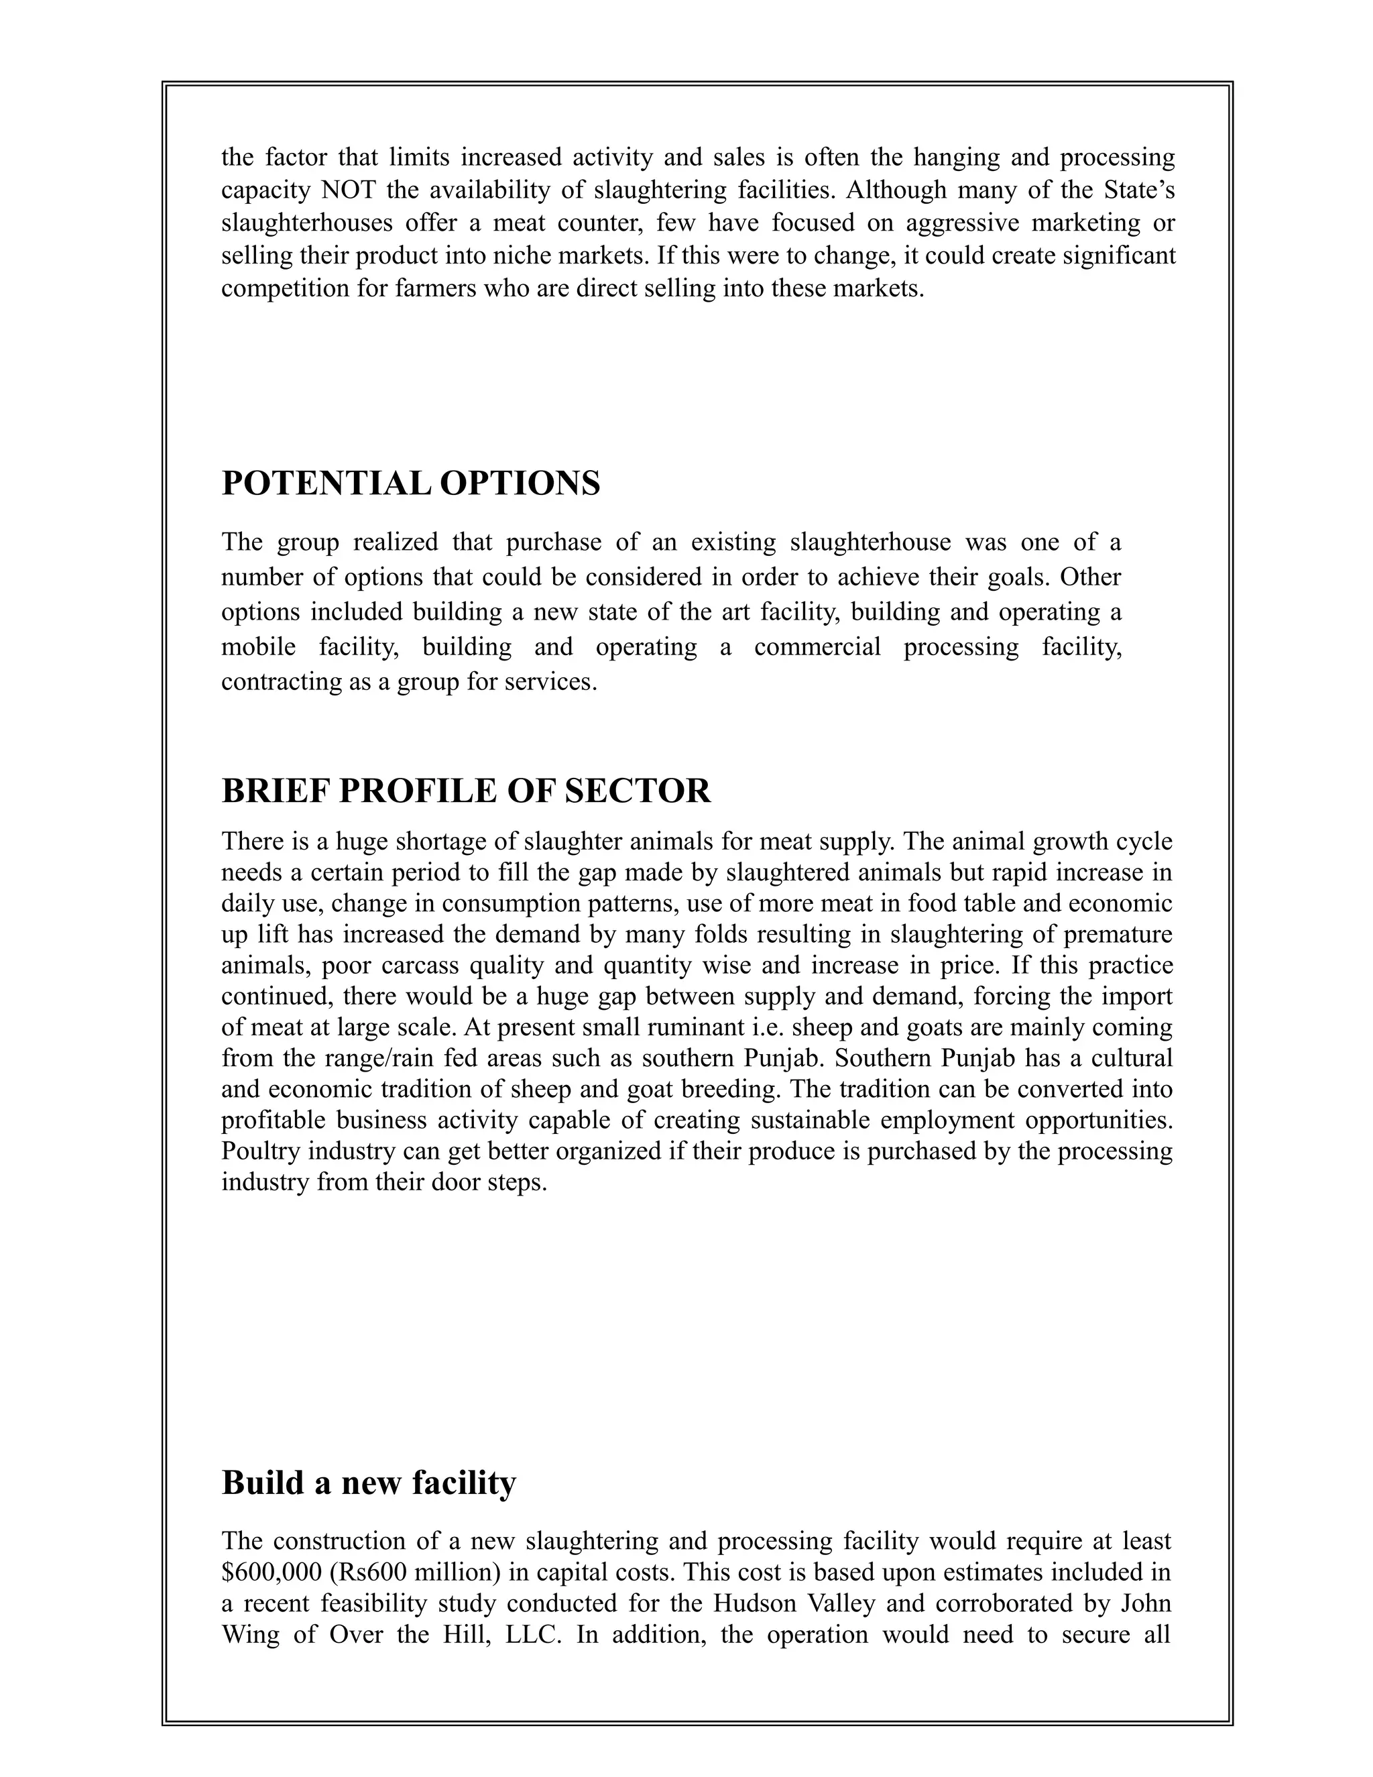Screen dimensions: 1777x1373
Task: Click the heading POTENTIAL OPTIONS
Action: coord(411,483)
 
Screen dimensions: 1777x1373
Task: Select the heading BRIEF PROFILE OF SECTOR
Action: coord(466,791)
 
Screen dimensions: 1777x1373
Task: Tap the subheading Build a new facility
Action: coord(369,1483)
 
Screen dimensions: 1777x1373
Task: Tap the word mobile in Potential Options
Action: coord(258,647)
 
